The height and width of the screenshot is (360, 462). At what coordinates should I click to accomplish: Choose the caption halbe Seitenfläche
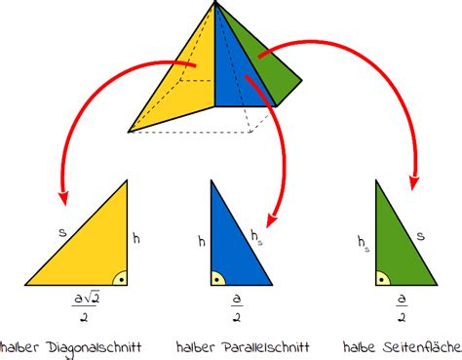[403, 346]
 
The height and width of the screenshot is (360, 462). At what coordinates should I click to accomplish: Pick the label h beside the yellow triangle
[136, 236]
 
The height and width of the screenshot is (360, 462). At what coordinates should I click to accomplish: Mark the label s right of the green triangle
[420, 234]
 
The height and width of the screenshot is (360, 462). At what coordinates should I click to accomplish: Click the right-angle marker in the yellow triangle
[119, 277]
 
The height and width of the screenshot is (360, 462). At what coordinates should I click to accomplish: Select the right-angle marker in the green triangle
[383, 278]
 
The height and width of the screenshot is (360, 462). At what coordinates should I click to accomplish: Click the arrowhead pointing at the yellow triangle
[63, 198]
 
